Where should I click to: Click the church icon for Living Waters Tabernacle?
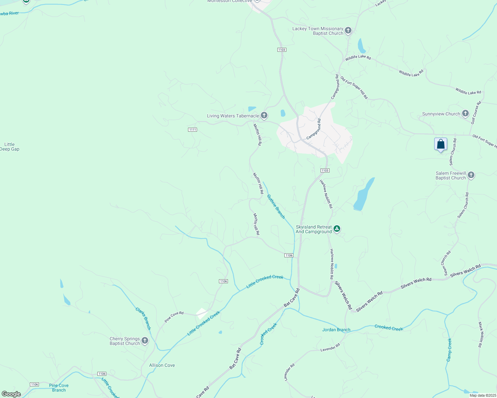pos(264,115)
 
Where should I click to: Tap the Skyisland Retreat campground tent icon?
pos(337,229)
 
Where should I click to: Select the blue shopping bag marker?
pos(441,145)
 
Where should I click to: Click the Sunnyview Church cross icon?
pos(465,113)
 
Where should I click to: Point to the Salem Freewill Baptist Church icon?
pos(471,175)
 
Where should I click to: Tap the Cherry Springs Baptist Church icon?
pos(145,341)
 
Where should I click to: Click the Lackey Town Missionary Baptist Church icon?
pos(348,31)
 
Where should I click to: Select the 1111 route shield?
pos(192,130)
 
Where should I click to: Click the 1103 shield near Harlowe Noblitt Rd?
pos(325,170)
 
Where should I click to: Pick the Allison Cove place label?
pos(162,365)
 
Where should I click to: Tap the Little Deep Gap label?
pos(10,147)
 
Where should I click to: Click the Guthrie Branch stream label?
pos(276,206)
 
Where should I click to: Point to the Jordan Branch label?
pos(336,330)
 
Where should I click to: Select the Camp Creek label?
pos(449,350)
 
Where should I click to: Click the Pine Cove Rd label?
pos(174,317)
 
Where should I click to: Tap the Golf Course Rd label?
pos(476,113)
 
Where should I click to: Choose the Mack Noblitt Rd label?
pos(480,334)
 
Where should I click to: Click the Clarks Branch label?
pos(143,318)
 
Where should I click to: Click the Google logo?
pos(11,394)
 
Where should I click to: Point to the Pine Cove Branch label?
pos(59,388)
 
